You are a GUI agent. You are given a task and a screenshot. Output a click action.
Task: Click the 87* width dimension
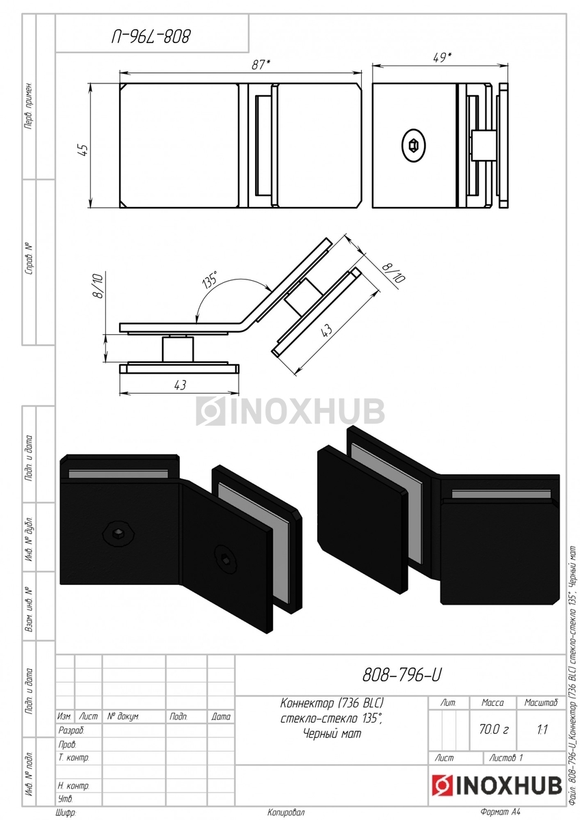[261, 65]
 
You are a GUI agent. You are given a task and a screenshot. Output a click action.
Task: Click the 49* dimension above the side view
[442, 57]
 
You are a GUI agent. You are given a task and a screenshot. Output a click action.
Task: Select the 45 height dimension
[84, 150]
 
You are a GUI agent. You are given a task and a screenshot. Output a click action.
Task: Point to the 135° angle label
[210, 280]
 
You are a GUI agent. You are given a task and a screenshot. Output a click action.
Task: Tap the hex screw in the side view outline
[414, 146]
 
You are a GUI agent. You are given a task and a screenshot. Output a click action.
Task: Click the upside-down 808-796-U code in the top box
[151, 36]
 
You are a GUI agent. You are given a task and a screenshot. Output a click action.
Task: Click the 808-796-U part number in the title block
[401, 674]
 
